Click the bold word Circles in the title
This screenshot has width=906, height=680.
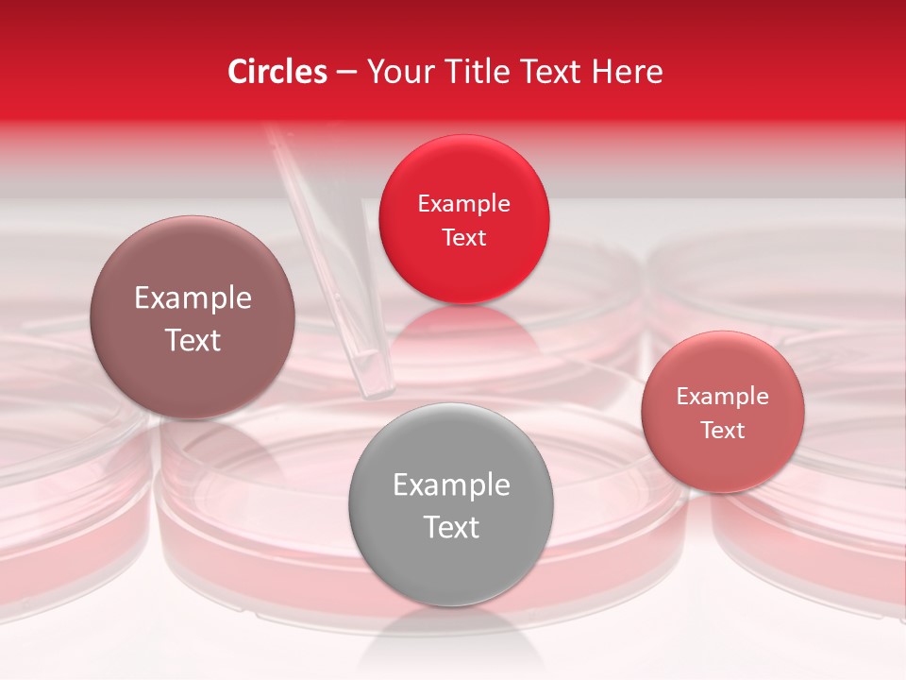pos(277,72)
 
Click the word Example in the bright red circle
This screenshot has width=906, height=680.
pos(463,204)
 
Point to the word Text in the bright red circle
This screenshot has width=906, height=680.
pos(463,238)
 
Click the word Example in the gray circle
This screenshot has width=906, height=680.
pos(451,485)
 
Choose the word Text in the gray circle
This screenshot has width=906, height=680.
pos(451,527)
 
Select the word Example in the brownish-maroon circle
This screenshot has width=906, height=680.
pos(193,298)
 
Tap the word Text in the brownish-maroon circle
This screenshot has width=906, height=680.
pos(193,340)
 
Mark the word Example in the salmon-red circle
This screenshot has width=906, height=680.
pos(723,397)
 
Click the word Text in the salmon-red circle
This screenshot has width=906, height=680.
pos(723,431)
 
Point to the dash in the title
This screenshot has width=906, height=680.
pos(346,73)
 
